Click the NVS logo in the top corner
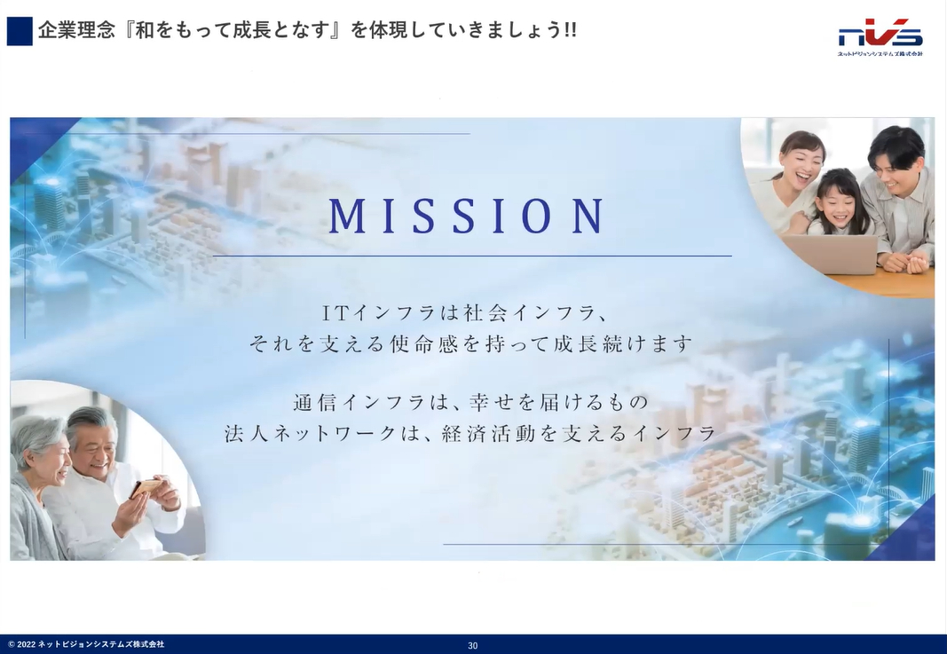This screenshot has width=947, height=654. click(x=880, y=37)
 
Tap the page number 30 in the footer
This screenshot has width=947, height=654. click(x=473, y=645)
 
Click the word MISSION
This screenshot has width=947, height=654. click(x=467, y=216)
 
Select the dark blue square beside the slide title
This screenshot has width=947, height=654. click(x=20, y=31)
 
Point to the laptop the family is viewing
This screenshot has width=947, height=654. click(x=829, y=254)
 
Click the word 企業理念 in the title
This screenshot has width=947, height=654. click(x=76, y=30)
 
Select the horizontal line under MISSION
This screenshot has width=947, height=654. click(x=472, y=256)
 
